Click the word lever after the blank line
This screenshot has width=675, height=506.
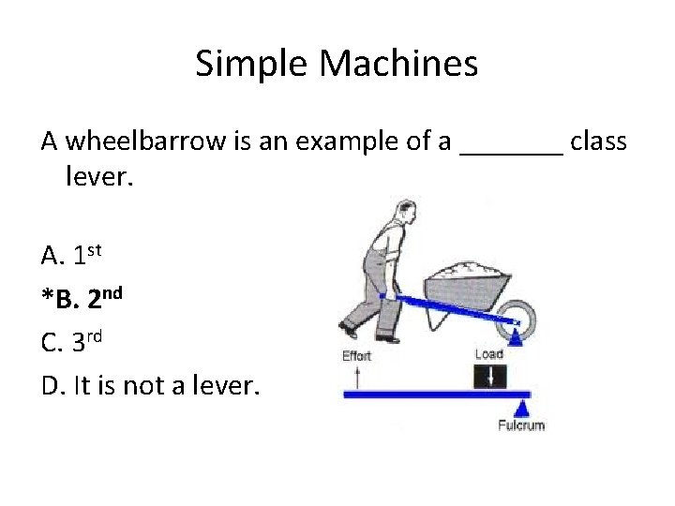tap(100, 174)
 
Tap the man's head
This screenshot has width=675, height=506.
tap(404, 210)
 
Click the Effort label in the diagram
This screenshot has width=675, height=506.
tap(357, 354)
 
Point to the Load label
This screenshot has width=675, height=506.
tap(489, 354)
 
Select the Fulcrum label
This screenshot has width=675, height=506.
tap(521, 424)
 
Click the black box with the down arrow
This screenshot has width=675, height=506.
tap(489, 376)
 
